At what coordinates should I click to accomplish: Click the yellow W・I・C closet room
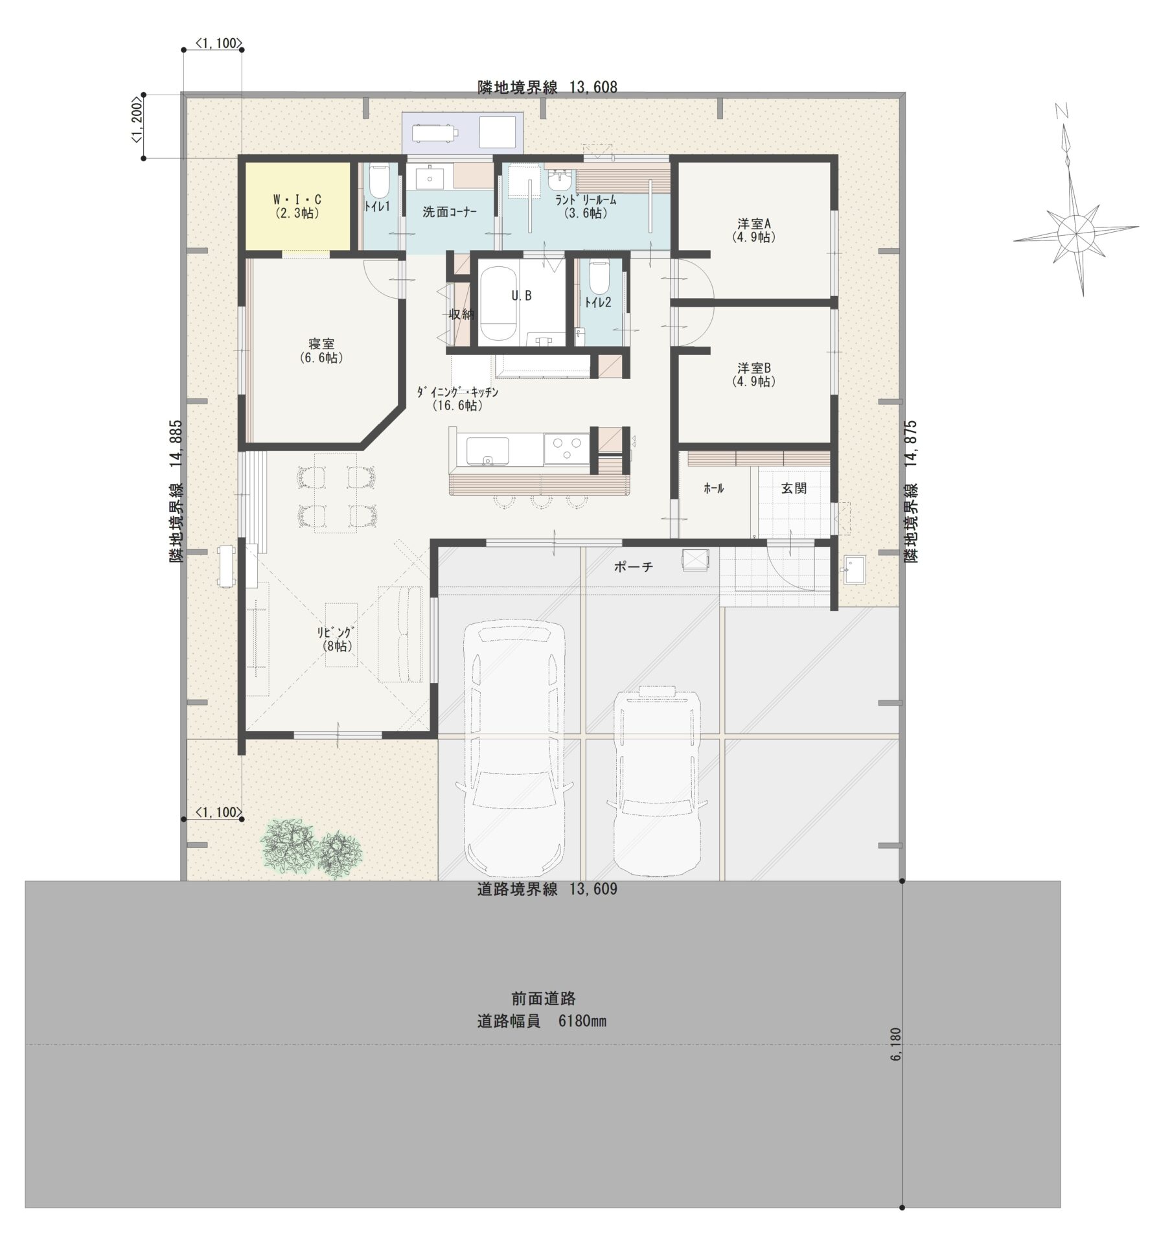[297, 206]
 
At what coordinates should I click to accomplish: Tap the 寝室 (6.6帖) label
[321, 351]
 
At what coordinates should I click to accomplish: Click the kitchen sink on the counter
[487, 450]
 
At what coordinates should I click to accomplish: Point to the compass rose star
[1075, 231]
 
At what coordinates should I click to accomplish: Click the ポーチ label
[634, 567]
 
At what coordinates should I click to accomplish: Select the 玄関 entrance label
[794, 489]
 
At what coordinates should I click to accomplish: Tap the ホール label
[713, 489]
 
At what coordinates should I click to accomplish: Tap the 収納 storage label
[462, 315]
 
